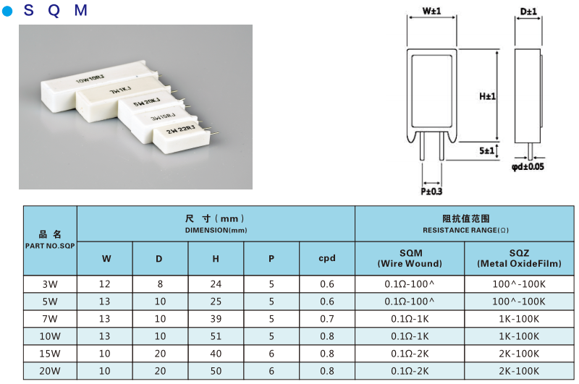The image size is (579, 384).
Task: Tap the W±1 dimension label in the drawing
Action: pyautogui.click(x=431, y=12)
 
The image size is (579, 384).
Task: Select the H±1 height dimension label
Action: pyautogui.click(x=487, y=96)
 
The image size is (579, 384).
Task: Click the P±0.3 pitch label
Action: pyautogui.click(x=431, y=192)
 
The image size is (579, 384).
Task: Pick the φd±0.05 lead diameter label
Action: pyautogui.click(x=528, y=167)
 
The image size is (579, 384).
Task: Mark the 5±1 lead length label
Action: pyautogui.click(x=486, y=150)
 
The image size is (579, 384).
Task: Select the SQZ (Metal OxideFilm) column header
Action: pyautogui.click(x=519, y=258)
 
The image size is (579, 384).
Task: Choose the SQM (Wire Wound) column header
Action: pyautogui.click(x=410, y=258)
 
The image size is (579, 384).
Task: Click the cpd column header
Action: pyautogui.click(x=327, y=258)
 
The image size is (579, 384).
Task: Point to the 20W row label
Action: pyautogui.click(x=50, y=371)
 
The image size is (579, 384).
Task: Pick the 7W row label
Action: pyautogui.click(x=50, y=319)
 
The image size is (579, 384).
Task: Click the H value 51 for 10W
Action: pyautogui.click(x=216, y=336)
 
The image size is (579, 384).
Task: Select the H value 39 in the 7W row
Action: pyautogui.click(x=216, y=319)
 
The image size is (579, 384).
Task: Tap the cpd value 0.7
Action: pyautogui.click(x=327, y=319)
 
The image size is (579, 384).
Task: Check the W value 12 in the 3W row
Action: pyautogui.click(x=105, y=284)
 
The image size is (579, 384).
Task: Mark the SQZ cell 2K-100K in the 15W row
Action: pyautogui.click(x=519, y=354)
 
